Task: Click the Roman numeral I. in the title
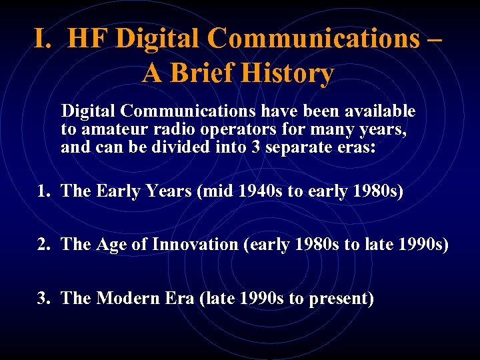pos(43,40)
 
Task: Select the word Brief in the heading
pos(202,73)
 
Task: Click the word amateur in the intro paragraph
pos(109,129)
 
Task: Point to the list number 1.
pos(44,192)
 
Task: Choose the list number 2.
pos(44,245)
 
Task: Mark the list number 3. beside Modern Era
pos(44,299)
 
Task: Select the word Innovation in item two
pos(195,245)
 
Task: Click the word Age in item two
pos(110,245)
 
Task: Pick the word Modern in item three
pos(125,299)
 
